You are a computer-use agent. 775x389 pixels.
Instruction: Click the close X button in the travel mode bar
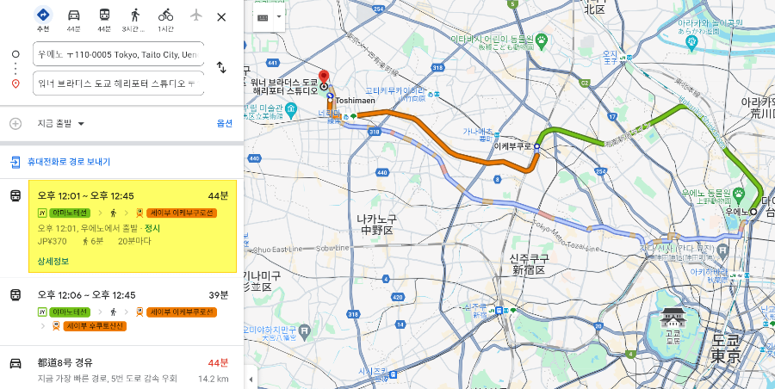click(221, 16)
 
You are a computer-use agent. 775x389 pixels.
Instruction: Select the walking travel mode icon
click(134, 15)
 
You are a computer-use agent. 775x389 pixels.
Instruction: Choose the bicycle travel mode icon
click(165, 15)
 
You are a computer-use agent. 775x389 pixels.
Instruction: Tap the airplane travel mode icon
click(195, 15)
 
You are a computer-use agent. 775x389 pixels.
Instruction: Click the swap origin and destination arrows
click(221, 67)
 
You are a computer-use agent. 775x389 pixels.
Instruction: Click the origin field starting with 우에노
click(119, 54)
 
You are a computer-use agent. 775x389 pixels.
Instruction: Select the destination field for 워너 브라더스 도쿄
click(119, 83)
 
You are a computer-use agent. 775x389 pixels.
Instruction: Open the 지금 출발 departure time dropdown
click(61, 123)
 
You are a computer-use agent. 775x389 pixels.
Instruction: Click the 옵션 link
click(224, 123)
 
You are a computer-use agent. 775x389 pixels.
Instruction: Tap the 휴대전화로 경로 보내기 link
click(68, 161)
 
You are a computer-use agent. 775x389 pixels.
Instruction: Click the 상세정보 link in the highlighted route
click(53, 261)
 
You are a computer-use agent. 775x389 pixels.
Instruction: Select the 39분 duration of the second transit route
click(220, 294)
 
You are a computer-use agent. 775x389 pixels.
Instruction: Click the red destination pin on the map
click(324, 77)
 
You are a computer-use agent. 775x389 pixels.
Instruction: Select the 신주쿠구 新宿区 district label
click(528, 264)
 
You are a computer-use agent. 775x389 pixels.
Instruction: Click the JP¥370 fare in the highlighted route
click(52, 241)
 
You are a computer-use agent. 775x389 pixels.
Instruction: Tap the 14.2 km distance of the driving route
click(213, 379)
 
